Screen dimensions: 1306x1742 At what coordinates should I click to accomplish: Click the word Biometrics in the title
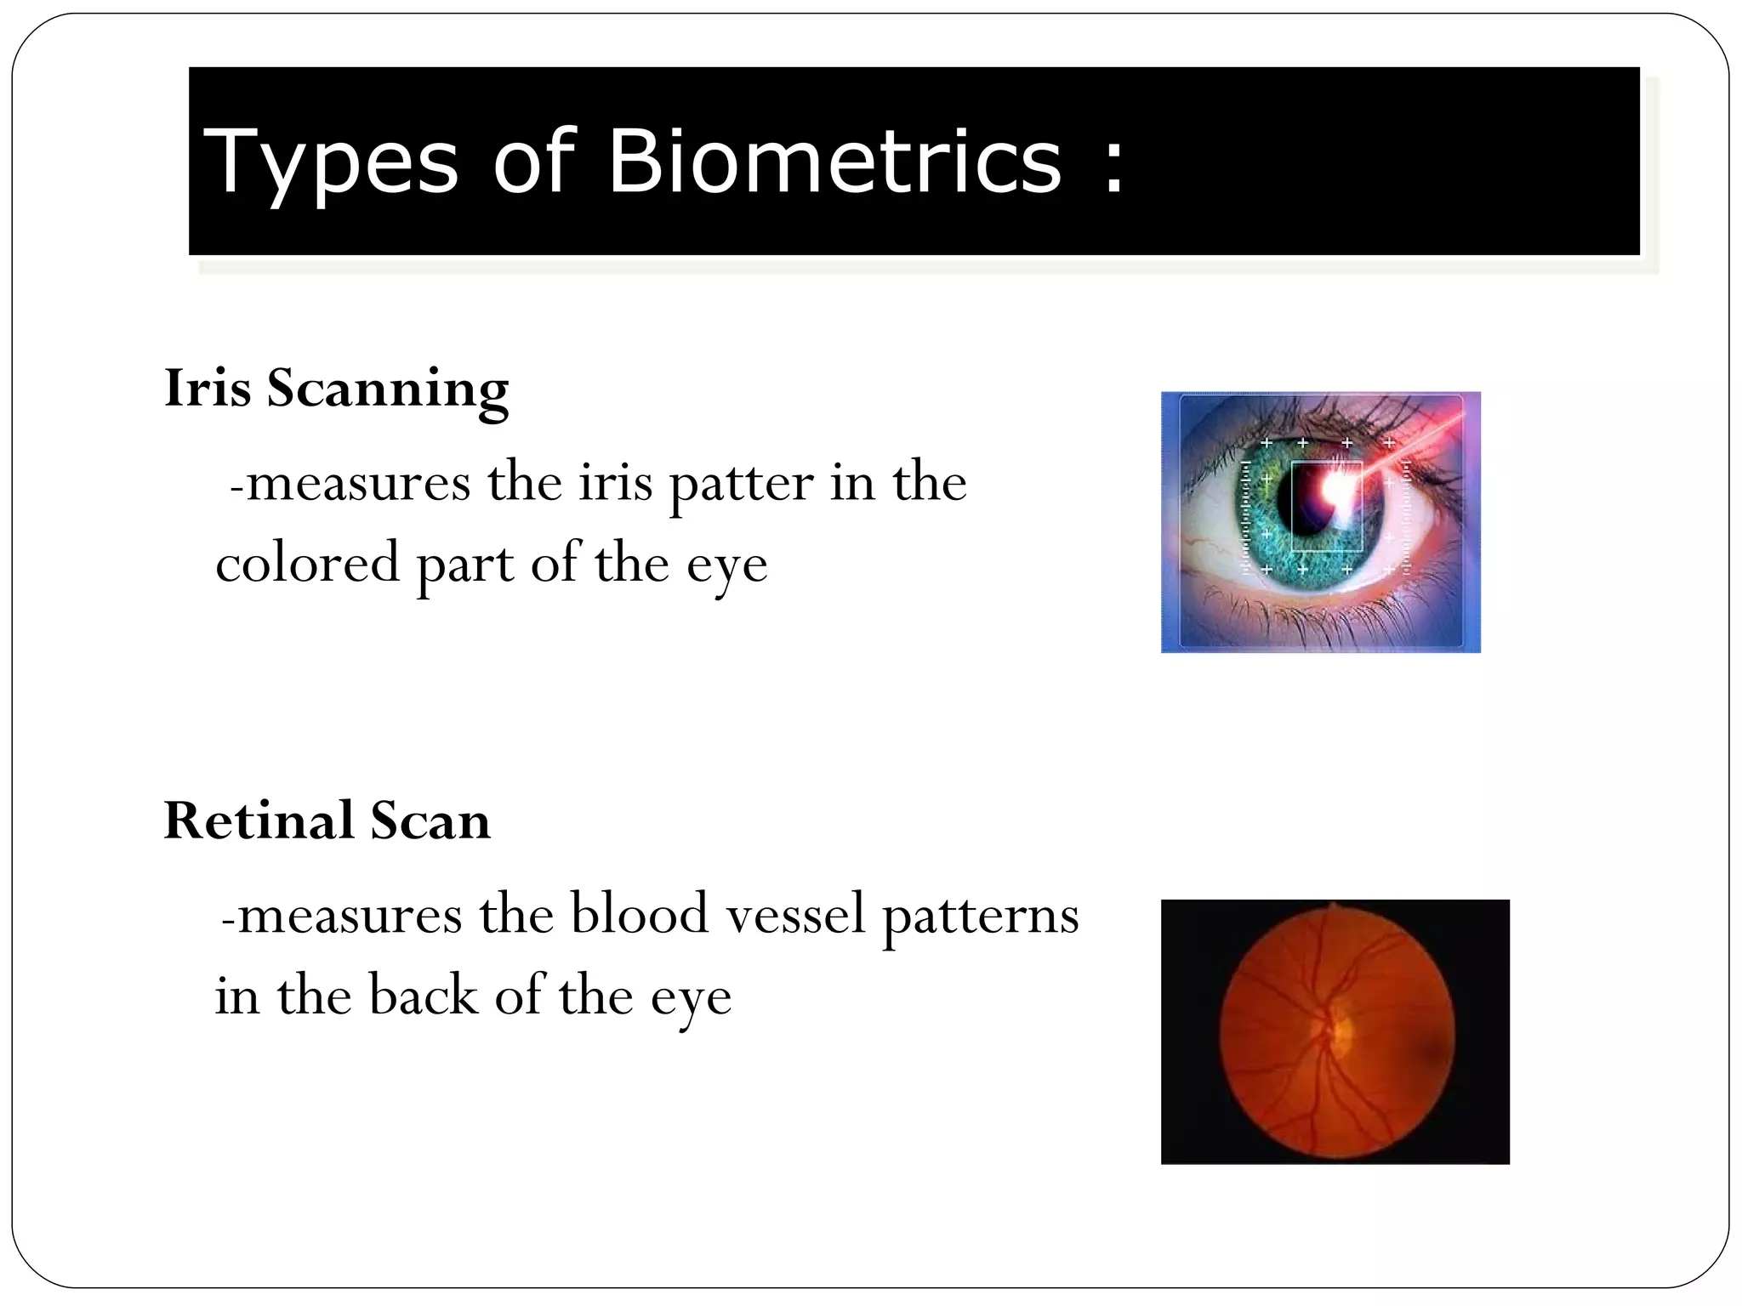tap(834, 162)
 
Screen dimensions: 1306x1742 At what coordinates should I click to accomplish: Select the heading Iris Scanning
tap(336, 389)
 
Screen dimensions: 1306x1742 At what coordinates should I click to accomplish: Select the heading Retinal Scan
tap(327, 821)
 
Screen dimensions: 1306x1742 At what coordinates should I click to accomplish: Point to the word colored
tap(307, 565)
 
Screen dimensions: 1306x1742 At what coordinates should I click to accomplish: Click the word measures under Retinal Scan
tap(350, 917)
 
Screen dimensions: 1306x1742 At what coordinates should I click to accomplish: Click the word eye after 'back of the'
tap(691, 1000)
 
